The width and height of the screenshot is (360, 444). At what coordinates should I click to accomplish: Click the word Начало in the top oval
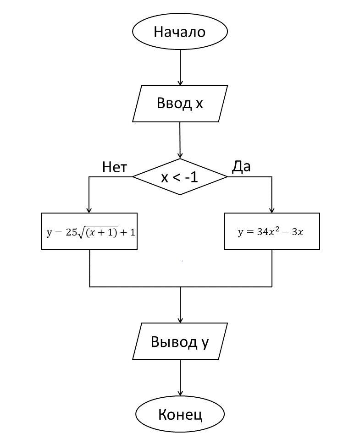[x=179, y=32]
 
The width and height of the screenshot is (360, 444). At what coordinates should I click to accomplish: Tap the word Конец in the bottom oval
[x=180, y=414]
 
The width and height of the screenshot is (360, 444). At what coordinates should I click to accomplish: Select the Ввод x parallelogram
[x=180, y=103]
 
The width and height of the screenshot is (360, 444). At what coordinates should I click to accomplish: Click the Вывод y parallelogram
[x=180, y=341]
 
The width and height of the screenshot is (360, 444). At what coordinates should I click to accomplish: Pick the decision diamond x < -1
[x=180, y=177]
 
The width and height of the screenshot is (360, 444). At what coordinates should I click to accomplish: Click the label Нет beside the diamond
[x=114, y=167]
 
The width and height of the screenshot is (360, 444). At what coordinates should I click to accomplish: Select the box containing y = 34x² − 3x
[x=271, y=231]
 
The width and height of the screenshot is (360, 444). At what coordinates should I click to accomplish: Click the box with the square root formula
[x=89, y=231]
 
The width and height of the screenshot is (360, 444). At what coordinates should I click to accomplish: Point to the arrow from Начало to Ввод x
[x=180, y=67]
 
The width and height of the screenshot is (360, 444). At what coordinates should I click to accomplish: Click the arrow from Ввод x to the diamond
[x=180, y=140]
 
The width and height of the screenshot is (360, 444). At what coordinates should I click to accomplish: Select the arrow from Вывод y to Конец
[x=180, y=378]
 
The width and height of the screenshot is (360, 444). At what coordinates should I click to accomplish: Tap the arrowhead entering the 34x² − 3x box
[x=271, y=210]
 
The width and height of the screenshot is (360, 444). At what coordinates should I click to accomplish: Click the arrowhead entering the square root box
[x=89, y=210]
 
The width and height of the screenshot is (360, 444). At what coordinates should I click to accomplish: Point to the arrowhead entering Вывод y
[x=180, y=320]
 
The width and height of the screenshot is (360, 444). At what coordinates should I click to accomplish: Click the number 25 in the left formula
[x=71, y=232]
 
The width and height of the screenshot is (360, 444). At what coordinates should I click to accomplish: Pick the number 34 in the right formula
[x=262, y=232]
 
